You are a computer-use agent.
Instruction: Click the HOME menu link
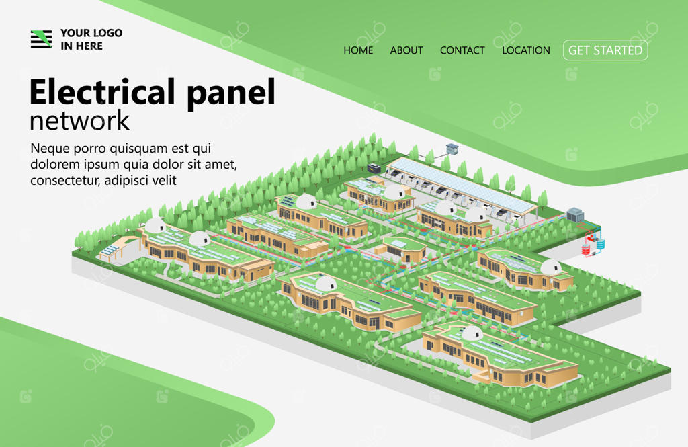click(358, 50)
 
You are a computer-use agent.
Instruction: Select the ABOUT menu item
click(406, 50)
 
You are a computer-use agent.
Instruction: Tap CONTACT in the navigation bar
click(462, 50)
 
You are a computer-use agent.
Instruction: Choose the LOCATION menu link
click(526, 50)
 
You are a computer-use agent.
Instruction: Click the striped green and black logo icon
click(41, 39)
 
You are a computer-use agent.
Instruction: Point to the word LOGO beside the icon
click(107, 33)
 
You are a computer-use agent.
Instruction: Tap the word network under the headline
click(79, 121)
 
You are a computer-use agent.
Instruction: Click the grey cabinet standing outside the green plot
click(451, 148)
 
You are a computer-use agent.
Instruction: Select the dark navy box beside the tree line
click(374, 167)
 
